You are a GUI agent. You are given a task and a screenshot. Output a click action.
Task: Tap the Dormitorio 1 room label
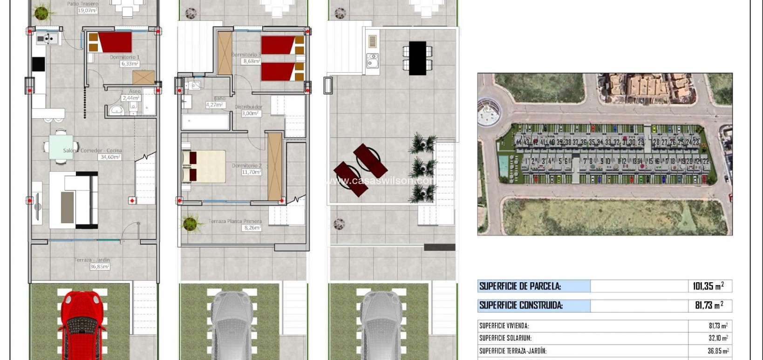124,57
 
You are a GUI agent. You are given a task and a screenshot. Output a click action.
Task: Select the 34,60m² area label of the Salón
110,157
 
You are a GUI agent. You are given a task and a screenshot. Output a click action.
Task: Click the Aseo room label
135,91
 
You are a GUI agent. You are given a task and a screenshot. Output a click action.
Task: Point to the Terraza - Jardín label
92,260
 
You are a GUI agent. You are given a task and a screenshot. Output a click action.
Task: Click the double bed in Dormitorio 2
204,166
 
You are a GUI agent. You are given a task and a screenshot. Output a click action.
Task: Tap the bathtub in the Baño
205,122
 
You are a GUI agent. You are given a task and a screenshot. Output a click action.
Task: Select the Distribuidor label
248,107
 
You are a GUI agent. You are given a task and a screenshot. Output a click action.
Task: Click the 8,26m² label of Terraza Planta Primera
252,228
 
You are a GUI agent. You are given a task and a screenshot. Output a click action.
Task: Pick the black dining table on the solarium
417,58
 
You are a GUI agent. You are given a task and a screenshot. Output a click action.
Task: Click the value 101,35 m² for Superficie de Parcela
708,286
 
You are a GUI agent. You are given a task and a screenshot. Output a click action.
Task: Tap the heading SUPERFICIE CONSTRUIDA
521,306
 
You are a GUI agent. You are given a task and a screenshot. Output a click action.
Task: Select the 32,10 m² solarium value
718,338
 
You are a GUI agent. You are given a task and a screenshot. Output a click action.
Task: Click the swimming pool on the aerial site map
503,163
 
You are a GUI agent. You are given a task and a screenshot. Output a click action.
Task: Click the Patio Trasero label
82,4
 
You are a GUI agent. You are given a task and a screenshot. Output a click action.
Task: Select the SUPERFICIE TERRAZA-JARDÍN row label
513,351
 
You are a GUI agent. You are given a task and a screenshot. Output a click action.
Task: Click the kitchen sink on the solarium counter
372,61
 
